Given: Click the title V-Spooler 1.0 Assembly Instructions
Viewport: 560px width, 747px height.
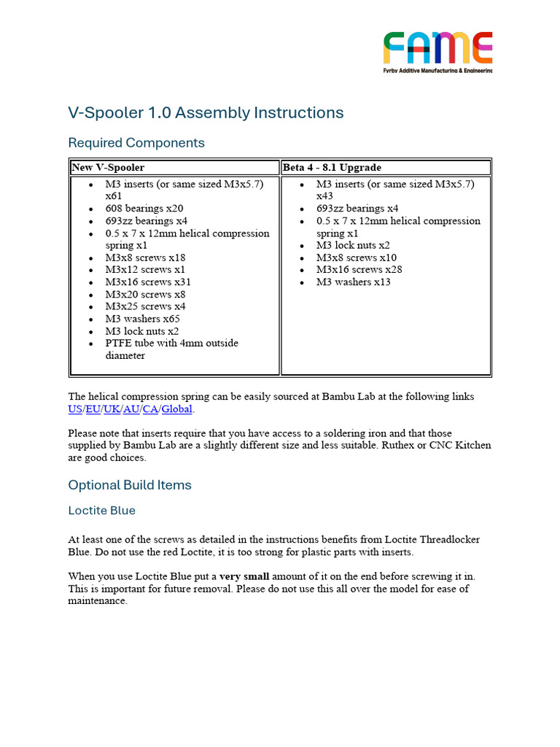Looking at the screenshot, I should [206, 113].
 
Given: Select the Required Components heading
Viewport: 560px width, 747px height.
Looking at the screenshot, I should [136, 143].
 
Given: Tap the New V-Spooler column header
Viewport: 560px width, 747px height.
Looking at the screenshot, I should [108, 168].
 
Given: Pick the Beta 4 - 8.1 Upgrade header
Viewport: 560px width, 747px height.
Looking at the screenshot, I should [332, 168].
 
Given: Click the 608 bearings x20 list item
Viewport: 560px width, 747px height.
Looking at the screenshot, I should [144, 209].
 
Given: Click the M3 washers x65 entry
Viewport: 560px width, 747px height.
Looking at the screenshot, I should [142, 319].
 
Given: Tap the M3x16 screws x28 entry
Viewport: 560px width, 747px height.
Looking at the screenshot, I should [359, 270].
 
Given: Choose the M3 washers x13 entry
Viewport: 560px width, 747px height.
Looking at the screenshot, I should [353, 282].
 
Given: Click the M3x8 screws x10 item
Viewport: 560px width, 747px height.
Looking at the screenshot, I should [357, 258].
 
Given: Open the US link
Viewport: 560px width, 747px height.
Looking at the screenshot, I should [75, 409].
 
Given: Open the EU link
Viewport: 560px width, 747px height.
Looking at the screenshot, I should [93, 409].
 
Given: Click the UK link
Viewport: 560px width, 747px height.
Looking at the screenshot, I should [112, 409].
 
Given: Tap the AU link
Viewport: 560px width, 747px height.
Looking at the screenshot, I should [131, 409].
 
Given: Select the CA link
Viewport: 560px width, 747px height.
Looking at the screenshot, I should [150, 409].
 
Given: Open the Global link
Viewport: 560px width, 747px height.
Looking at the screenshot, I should [176, 409].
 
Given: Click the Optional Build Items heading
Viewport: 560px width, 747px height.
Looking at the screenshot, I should [130, 485].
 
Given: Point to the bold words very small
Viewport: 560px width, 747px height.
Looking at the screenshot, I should [244, 576].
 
